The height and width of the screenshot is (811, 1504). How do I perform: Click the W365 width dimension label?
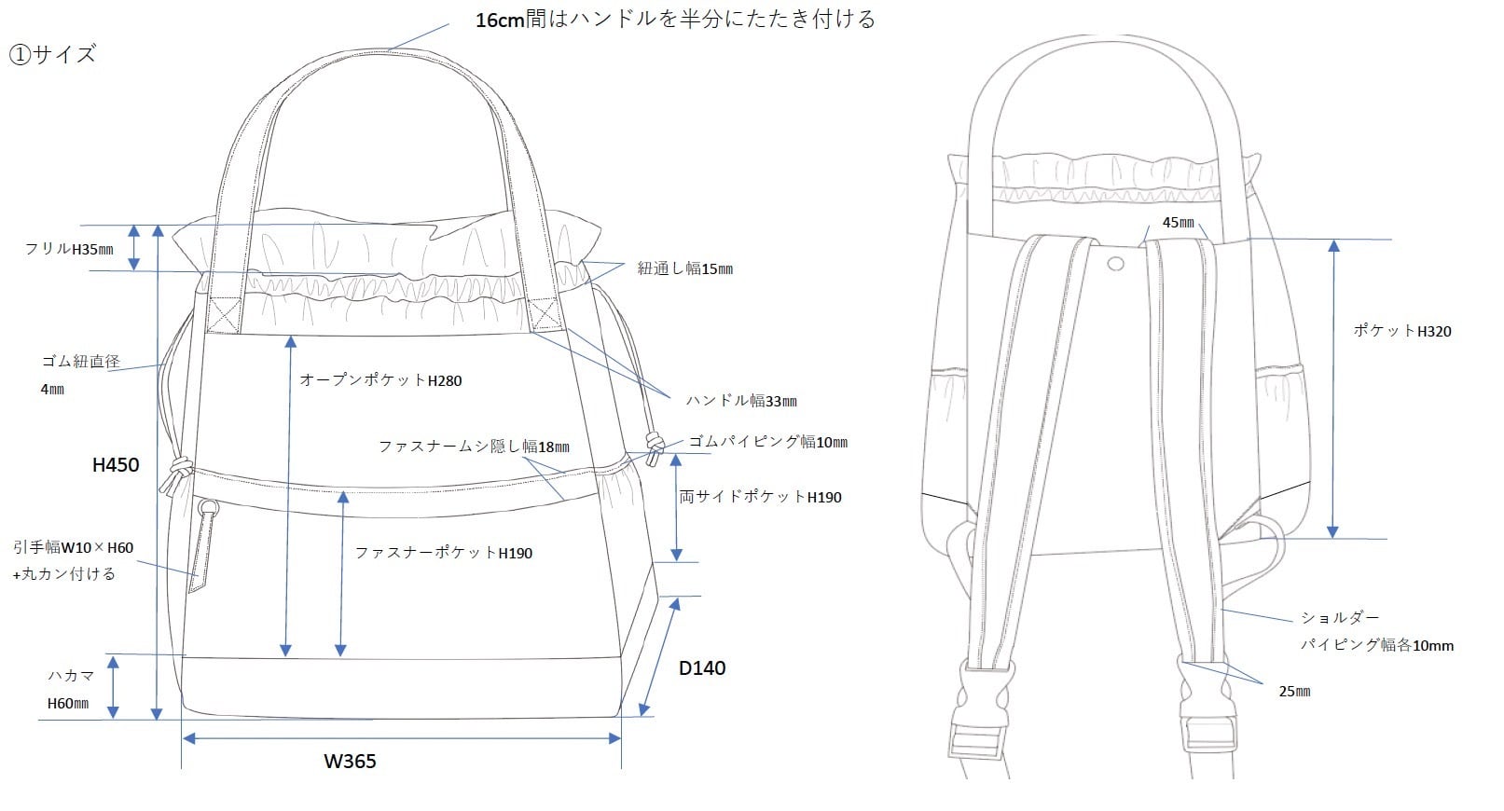(350, 762)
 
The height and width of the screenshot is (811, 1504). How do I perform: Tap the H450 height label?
(116, 464)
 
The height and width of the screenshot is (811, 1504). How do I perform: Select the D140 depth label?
(701, 667)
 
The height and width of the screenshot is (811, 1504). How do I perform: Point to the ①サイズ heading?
(53, 55)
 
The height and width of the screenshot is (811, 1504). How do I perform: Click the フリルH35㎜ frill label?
(69, 249)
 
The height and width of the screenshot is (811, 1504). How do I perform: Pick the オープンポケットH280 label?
(380, 380)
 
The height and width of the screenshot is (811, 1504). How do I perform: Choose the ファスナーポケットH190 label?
(443, 553)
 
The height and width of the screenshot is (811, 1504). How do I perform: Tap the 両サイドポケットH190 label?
(760, 498)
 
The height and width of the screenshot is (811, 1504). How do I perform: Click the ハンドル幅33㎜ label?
(741, 401)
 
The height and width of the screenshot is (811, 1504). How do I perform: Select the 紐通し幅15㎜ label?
(684, 268)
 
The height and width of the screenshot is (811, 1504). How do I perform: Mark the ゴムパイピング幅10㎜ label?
(767, 442)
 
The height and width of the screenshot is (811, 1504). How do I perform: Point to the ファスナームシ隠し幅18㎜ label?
(474, 447)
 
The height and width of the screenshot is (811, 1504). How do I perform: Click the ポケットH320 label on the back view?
(1401, 331)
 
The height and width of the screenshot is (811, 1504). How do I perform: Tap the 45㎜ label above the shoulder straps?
(1178, 223)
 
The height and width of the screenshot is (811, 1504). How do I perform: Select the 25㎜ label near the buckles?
(1294, 692)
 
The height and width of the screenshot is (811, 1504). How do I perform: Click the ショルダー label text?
(1339, 618)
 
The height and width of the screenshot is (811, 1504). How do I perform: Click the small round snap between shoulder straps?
(1115, 265)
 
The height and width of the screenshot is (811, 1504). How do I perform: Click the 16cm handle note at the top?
(675, 20)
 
